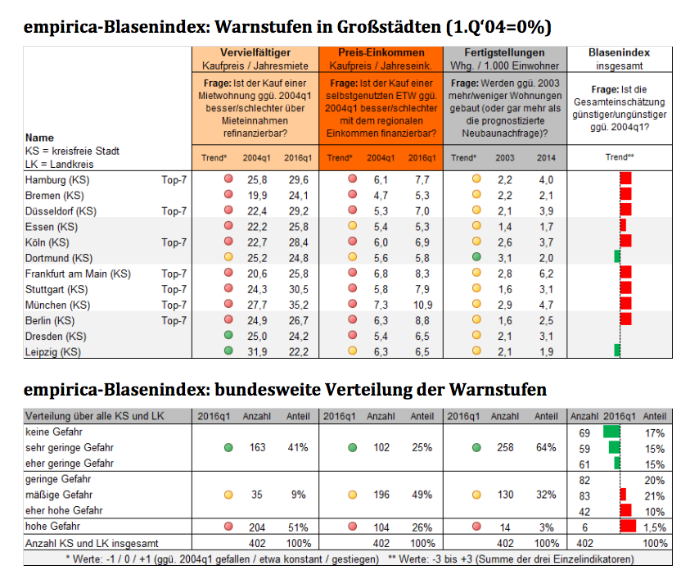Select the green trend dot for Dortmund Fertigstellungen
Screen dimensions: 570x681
[x=476, y=257]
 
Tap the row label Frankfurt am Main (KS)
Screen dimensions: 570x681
[x=78, y=274]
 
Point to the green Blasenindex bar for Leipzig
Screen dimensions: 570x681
[x=617, y=351]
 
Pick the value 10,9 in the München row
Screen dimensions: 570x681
[x=422, y=305]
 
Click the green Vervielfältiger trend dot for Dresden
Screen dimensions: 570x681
[x=228, y=336]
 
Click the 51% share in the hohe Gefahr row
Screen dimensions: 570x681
[x=297, y=527]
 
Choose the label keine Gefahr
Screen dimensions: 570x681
[x=54, y=432]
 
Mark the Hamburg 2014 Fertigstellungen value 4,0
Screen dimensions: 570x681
[x=546, y=179]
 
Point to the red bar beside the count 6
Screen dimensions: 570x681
[x=628, y=527]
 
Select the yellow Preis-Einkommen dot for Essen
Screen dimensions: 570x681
[x=353, y=226]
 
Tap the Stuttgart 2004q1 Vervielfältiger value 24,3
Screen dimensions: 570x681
[x=258, y=289]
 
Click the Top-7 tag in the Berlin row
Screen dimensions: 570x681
[x=174, y=320]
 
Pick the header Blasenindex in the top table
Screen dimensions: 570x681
[x=620, y=52]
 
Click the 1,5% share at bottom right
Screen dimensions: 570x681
[x=653, y=527]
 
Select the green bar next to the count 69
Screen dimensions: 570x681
[x=611, y=432]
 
